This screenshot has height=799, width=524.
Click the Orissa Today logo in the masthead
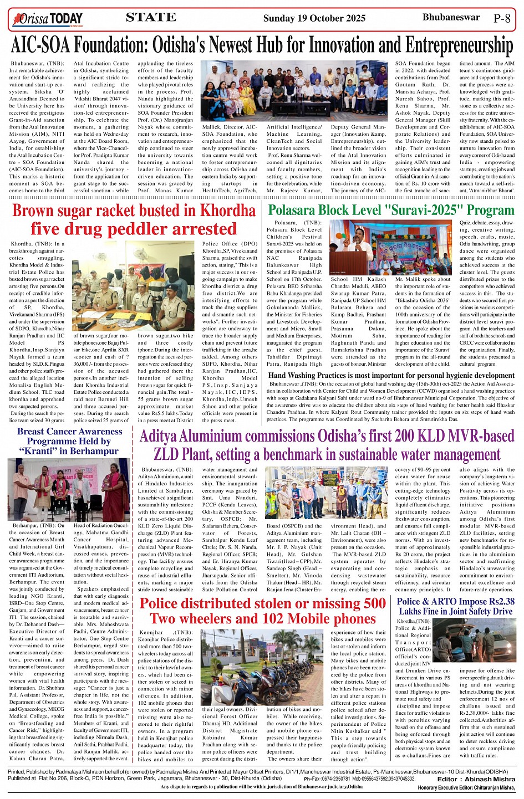[x=50, y=19]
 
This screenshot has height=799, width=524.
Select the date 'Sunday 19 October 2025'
[x=314, y=18]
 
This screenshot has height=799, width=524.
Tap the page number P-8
[x=502, y=18]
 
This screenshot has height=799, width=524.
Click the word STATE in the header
[x=151, y=18]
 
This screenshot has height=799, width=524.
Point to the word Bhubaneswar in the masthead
[x=451, y=18]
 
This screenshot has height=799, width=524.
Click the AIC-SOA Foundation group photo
[x=294, y=91]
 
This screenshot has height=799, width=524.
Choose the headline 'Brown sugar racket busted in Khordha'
[x=134, y=211]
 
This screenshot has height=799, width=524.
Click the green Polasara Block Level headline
[x=391, y=211]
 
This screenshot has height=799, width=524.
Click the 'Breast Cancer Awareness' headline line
[x=69, y=432]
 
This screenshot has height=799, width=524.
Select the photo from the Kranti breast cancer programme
[x=69, y=489]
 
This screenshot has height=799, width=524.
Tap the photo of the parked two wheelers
[x=262, y=667]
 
